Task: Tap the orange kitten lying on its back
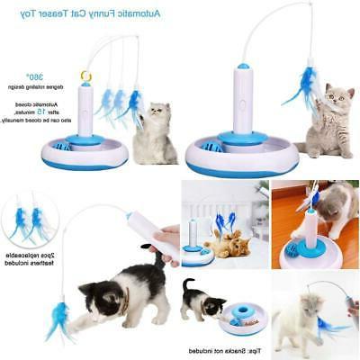tap(228, 244)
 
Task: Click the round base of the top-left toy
tap(85, 153)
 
